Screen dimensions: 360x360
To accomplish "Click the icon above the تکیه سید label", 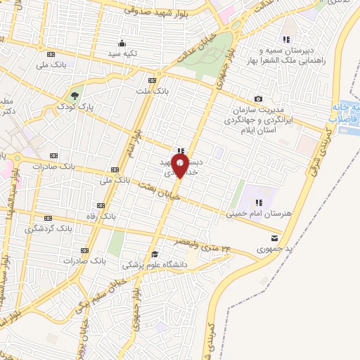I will click(x=122, y=43).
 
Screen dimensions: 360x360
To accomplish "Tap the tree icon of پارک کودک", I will click(x=75, y=95).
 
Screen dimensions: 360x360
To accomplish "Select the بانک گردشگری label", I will click(x=49, y=229).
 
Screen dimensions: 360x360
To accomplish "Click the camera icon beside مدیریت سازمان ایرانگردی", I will click(x=258, y=99).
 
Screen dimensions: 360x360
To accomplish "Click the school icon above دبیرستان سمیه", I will click(x=285, y=39).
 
